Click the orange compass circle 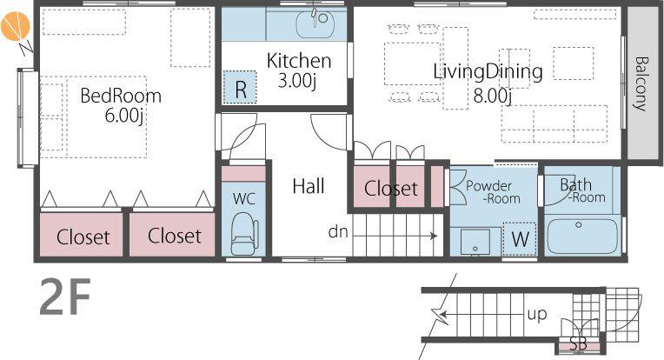[15, 26]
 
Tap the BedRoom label [121, 96]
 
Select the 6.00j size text [123, 115]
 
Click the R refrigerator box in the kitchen [240, 87]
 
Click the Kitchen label [299, 61]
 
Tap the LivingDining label [488, 71]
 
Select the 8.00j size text [492, 96]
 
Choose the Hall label [309, 186]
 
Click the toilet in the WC [244, 233]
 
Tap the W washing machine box [520, 239]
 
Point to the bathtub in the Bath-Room [582, 236]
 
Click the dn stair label [338, 231]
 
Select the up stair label [537, 314]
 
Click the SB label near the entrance [579, 343]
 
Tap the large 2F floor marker [65, 297]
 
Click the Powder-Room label [492, 192]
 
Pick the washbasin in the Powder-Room [475, 242]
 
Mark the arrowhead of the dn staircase [434, 236]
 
